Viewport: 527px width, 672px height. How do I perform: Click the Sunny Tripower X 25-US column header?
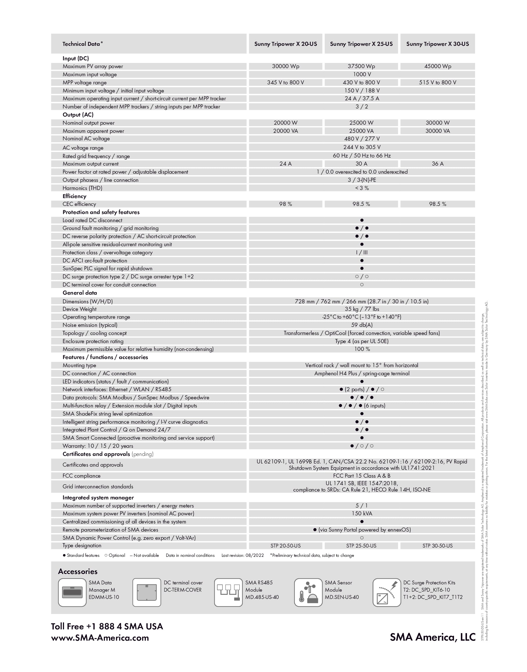click(361, 44)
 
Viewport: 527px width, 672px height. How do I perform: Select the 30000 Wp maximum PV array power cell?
click(285, 66)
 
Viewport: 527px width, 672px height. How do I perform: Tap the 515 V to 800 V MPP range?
click(437, 82)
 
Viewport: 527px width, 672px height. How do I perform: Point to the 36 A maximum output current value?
click(437, 164)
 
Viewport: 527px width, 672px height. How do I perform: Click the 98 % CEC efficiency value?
click(285, 204)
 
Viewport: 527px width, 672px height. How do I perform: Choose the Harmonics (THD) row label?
click(82, 188)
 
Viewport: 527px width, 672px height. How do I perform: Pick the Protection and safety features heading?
click(101, 212)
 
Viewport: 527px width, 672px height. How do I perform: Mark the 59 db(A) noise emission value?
click(362, 325)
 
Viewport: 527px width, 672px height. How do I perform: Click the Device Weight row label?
click(79, 309)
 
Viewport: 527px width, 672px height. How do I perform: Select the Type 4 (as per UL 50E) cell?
click(362, 341)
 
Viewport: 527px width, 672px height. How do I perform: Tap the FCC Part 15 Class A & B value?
click(362, 476)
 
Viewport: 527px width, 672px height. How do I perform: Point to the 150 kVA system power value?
click(362, 513)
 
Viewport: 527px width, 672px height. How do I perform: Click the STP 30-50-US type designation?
click(437, 546)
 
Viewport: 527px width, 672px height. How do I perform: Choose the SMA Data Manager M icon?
click(72, 593)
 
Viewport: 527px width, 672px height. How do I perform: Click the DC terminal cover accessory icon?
click(146, 593)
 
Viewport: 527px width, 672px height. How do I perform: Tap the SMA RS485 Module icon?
click(228, 593)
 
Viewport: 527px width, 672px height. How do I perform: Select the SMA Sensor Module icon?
click(308, 593)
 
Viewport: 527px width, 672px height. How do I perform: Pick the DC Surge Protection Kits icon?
click(387, 593)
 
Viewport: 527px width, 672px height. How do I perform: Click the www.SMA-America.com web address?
click(100, 638)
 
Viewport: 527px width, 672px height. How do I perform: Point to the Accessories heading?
click(78, 571)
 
